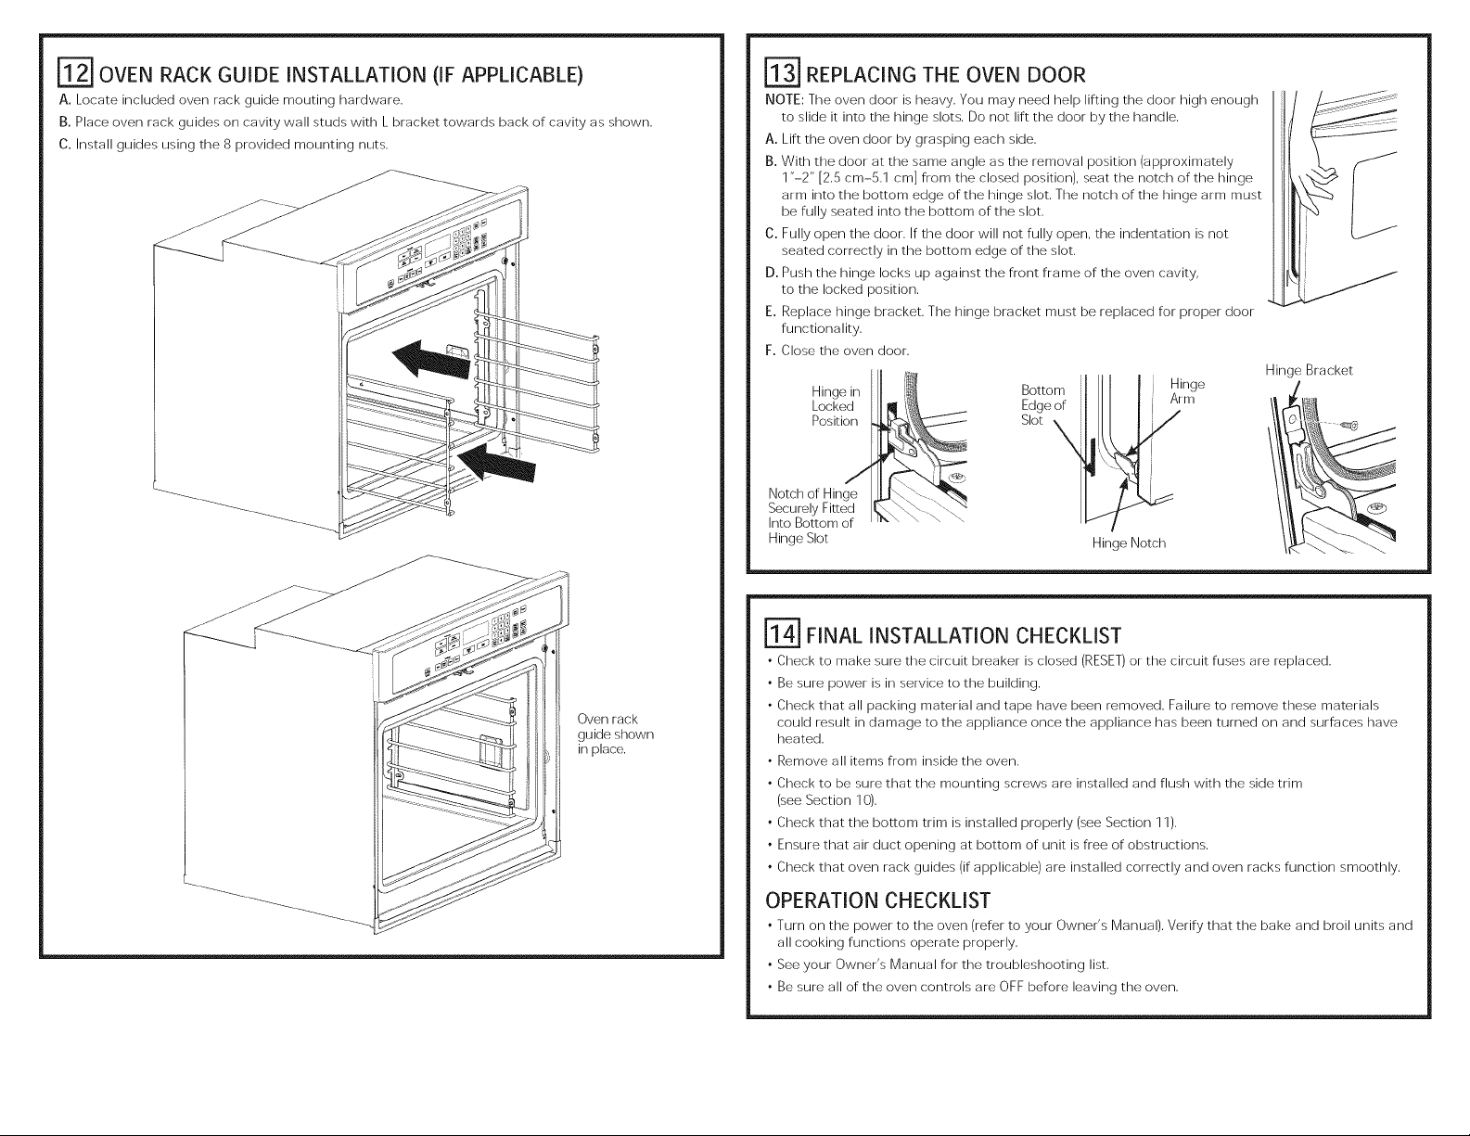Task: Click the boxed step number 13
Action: point(773,74)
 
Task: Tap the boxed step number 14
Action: point(782,635)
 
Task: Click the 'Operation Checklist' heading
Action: point(877,900)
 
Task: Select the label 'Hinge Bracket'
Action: point(1309,371)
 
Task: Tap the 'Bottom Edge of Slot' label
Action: point(1042,404)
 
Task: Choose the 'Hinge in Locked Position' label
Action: point(836,406)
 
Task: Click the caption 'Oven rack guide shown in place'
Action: point(615,734)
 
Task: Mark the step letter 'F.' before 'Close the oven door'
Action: point(769,351)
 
